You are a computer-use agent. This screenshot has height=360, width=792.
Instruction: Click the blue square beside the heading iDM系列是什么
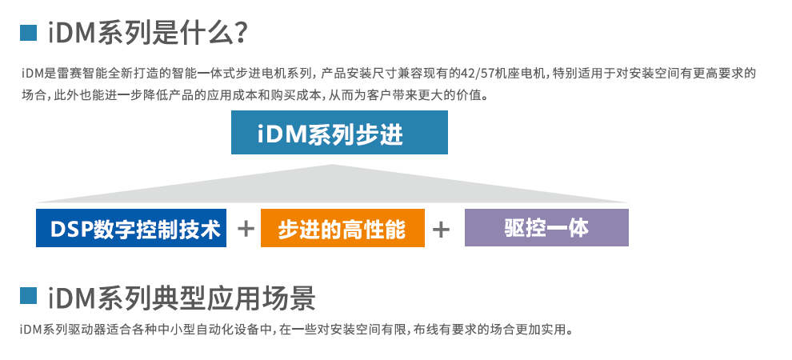29,33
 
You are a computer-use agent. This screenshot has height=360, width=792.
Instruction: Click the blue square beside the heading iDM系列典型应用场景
29,297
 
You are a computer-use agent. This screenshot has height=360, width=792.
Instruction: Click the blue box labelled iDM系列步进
339,133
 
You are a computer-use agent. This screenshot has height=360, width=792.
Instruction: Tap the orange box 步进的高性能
342,229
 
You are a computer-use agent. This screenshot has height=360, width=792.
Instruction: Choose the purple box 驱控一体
546,228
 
